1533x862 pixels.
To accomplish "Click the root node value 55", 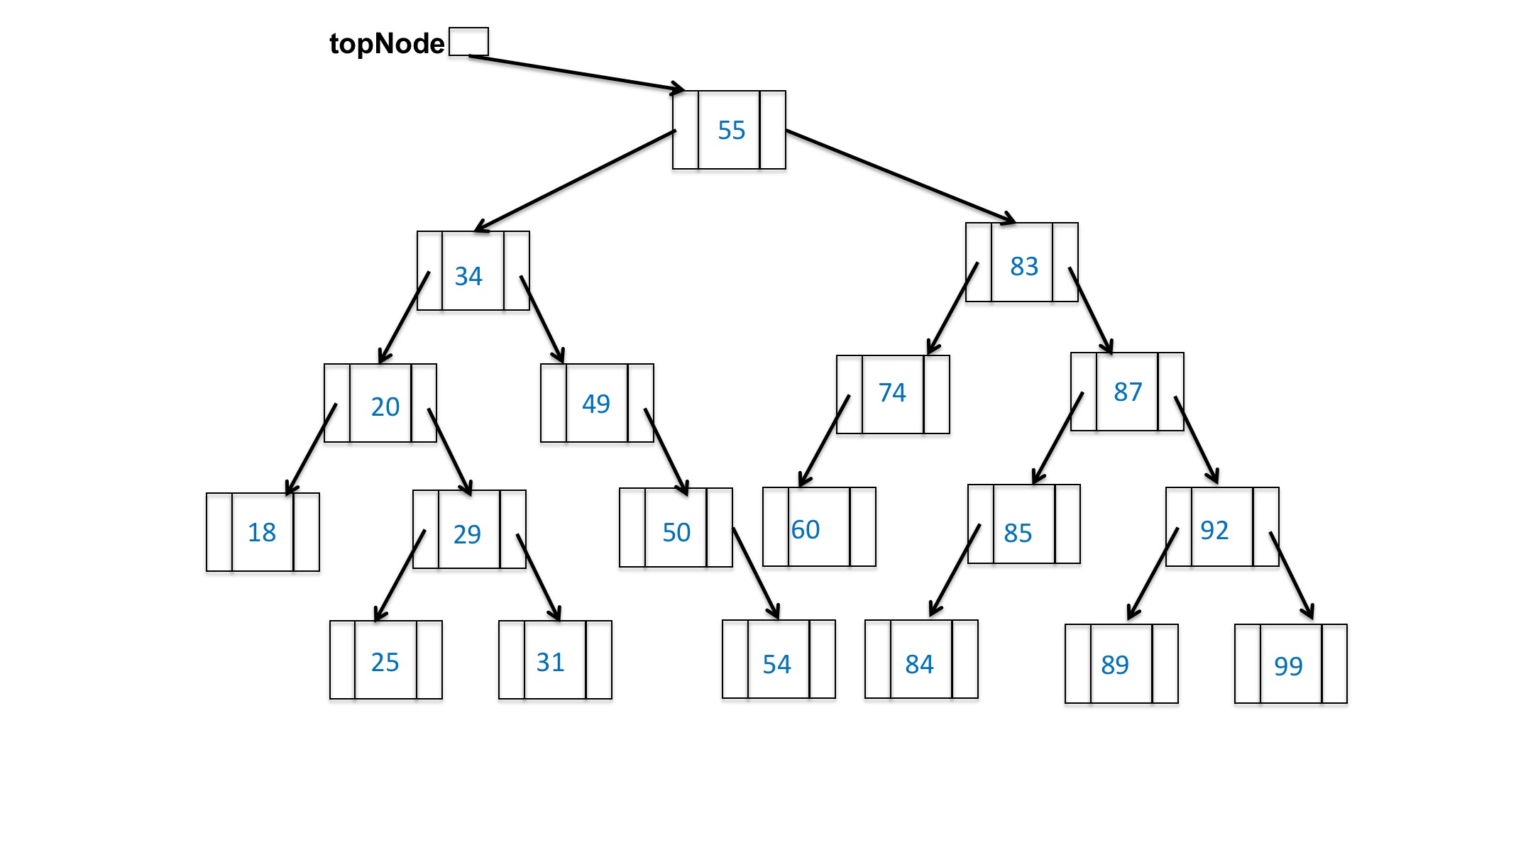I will coord(730,131).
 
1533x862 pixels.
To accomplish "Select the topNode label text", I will coord(386,44).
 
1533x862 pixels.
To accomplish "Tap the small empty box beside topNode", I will coord(468,41).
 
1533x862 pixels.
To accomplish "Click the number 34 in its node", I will coord(468,276).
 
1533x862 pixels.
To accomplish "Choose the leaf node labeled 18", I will coord(262,532).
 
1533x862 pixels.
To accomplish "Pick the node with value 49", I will coord(596,404).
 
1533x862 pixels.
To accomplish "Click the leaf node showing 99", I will coord(1289,665).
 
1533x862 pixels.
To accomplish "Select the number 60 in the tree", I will coord(806,529).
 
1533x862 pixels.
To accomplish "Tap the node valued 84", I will coord(920,664).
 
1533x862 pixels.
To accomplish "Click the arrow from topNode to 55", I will coord(575,73).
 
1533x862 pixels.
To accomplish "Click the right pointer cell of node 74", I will coord(937,394).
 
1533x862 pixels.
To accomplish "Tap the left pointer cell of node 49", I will coord(554,403).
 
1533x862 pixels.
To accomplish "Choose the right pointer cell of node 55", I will coord(772,130).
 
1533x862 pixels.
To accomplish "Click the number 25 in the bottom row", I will coord(385,662).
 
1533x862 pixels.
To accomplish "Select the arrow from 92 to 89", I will coord(1153,573).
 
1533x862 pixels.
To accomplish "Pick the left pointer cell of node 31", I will coord(512,660).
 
